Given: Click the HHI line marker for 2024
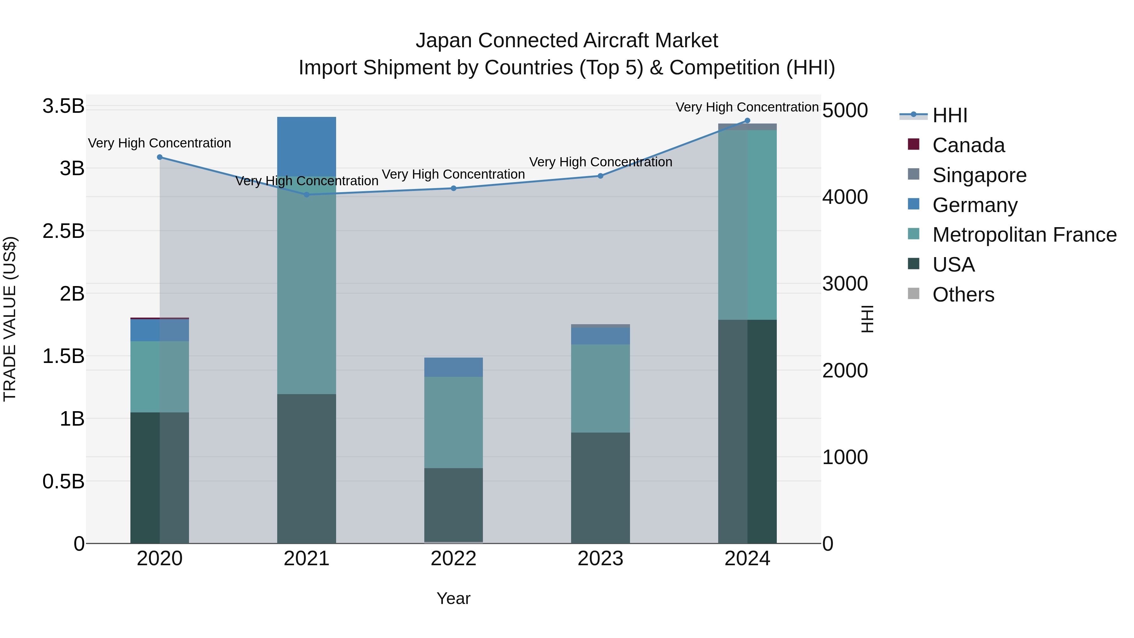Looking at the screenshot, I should [747, 121].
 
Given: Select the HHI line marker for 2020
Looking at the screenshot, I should [160, 157].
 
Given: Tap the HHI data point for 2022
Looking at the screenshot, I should [453, 188].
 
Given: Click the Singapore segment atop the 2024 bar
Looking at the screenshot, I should [747, 127].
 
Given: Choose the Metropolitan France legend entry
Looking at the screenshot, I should [1024, 235].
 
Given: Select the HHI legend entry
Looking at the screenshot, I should [949, 115].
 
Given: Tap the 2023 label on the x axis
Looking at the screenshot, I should [600, 559].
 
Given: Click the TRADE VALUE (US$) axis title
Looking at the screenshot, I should [10, 319].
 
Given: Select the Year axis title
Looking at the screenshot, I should [453, 598].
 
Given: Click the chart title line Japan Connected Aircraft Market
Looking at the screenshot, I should [567, 41].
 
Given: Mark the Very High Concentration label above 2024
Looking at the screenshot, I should [747, 107].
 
